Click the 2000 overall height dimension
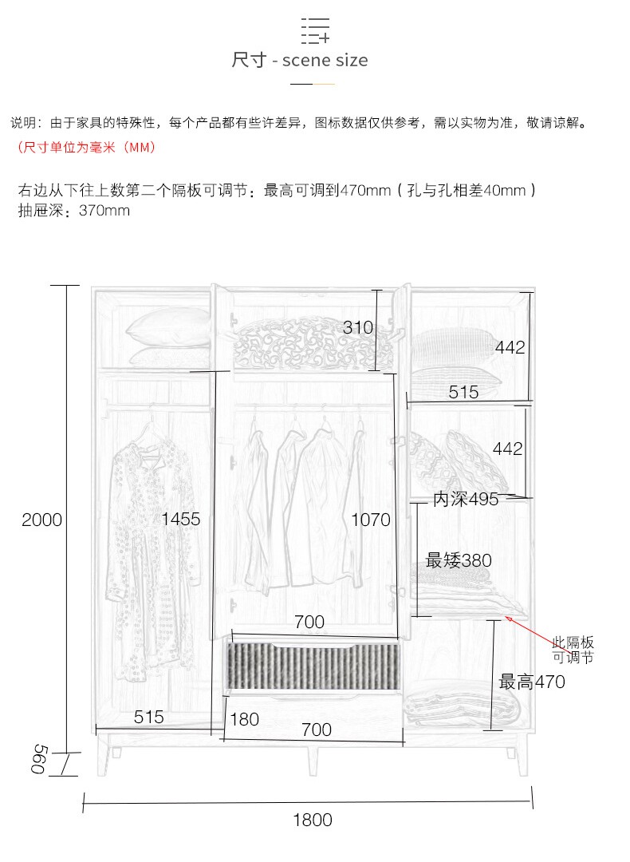point(41,520)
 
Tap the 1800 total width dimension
point(313,820)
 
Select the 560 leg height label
point(39,759)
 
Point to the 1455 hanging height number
point(181,519)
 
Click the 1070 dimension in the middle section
point(371,520)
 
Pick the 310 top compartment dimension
point(358,328)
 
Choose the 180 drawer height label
point(244,719)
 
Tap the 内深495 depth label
point(466,499)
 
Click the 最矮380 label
point(459,560)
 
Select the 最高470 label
point(532,682)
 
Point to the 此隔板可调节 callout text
point(573,650)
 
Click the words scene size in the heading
point(325,60)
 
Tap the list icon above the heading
point(315,30)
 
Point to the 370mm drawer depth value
point(104,211)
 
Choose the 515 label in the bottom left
point(149,717)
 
